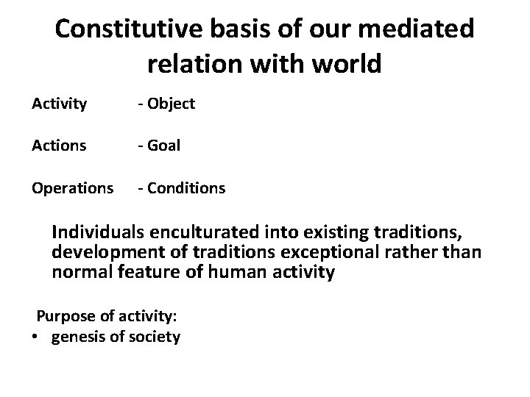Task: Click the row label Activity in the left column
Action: (x=59, y=104)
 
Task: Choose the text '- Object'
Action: (x=166, y=104)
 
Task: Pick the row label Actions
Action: (x=59, y=146)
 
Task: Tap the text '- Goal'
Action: (x=158, y=146)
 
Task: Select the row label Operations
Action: (x=72, y=188)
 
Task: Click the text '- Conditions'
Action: (x=181, y=188)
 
